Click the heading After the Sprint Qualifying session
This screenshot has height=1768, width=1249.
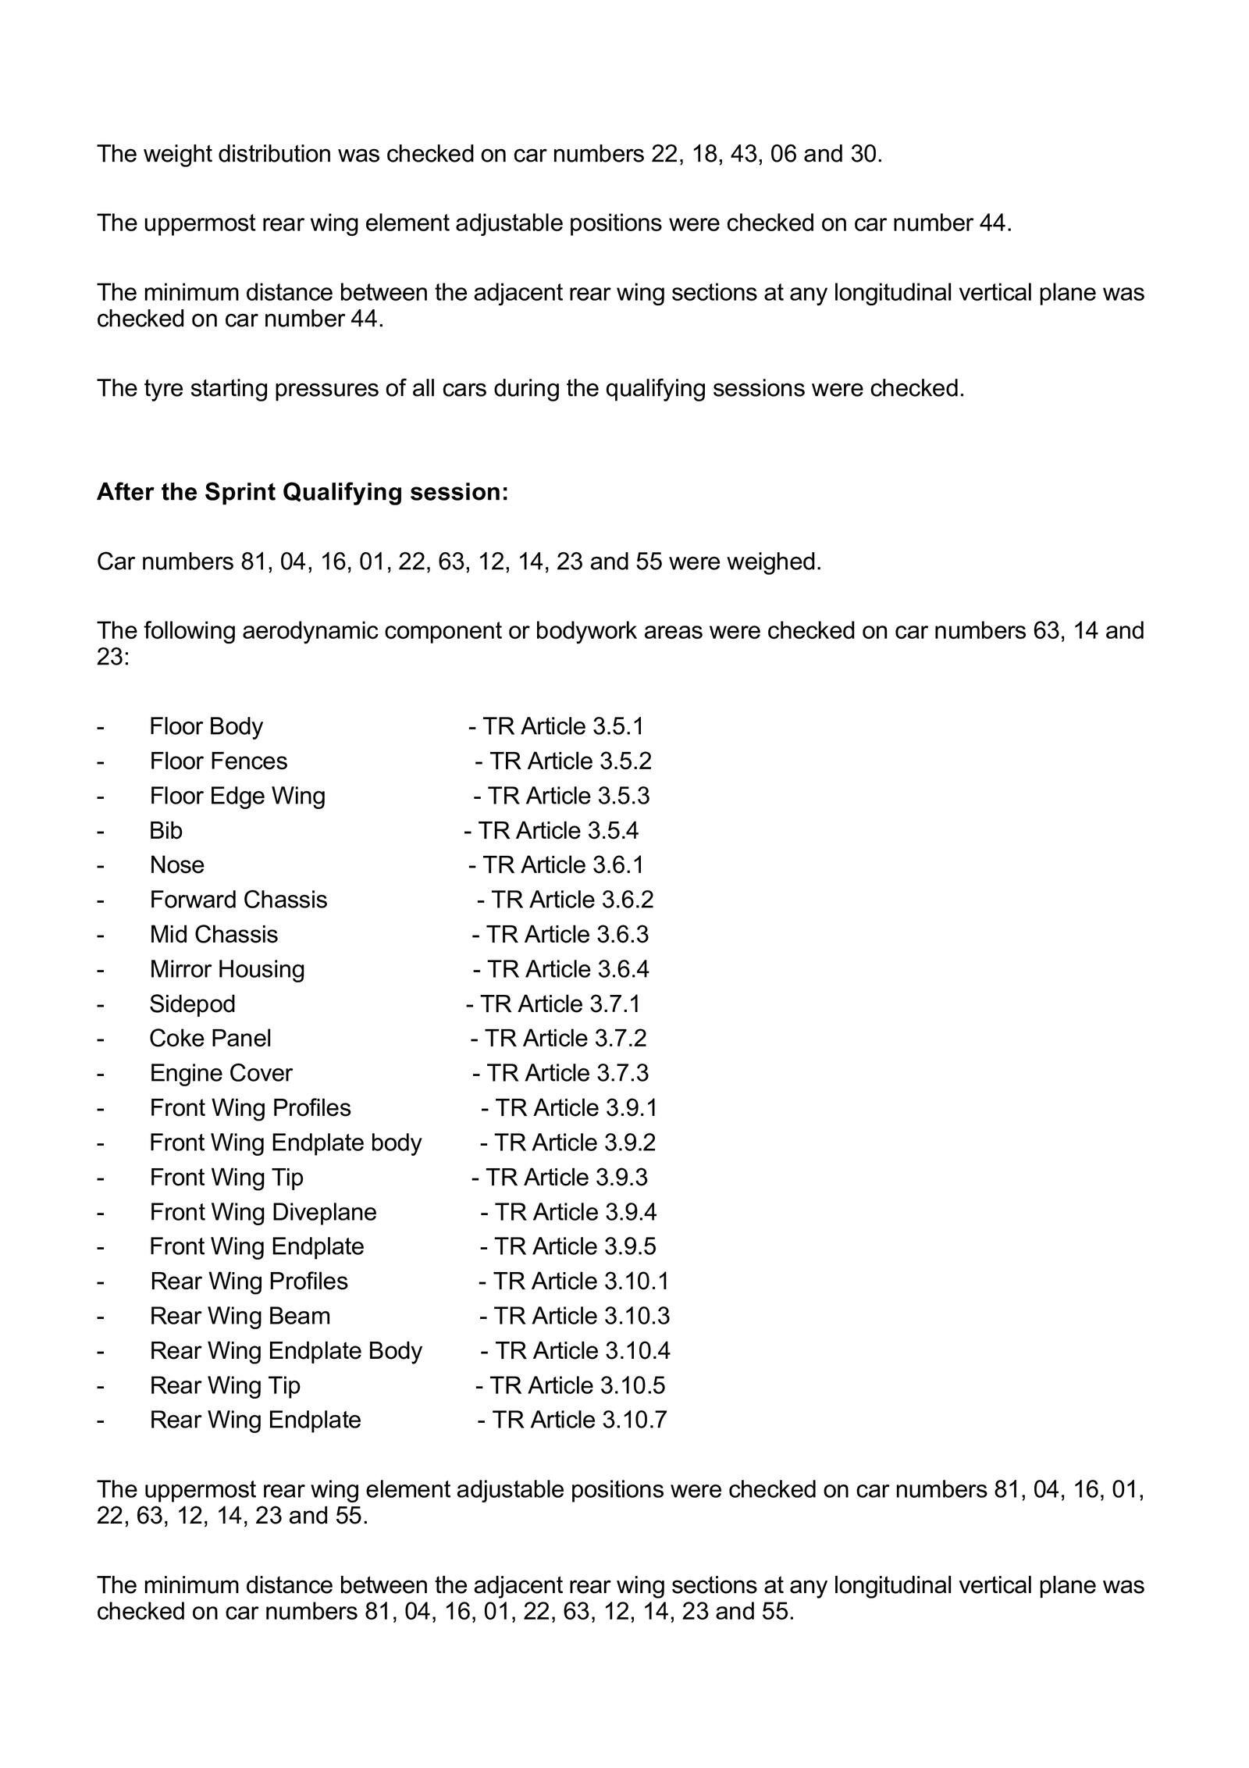click(x=302, y=492)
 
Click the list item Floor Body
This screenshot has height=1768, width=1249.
click(x=206, y=726)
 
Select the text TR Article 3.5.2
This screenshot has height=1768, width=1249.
click(x=570, y=761)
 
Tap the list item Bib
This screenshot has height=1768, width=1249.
click(x=165, y=830)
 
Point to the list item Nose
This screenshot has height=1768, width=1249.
click(x=177, y=864)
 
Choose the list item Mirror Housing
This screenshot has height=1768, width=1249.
click(x=227, y=969)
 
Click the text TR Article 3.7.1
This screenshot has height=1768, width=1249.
click(x=560, y=1003)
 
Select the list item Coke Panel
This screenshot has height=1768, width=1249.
click(x=211, y=1038)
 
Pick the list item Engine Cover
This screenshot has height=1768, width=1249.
click(x=221, y=1073)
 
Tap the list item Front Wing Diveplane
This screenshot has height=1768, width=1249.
click(x=263, y=1212)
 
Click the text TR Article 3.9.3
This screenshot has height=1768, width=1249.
click(x=566, y=1177)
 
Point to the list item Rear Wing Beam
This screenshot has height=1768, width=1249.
click(x=240, y=1316)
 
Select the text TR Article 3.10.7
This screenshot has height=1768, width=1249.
click(x=579, y=1420)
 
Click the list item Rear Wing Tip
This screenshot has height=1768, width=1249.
click(x=225, y=1385)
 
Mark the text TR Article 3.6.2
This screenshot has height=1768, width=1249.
click(x=572, y=900)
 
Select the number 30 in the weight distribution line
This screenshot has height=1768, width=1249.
click(x=865, y=154)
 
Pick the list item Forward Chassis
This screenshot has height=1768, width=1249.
click(x=238, y=900)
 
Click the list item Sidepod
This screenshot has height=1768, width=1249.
click(x=192, y=1003)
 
